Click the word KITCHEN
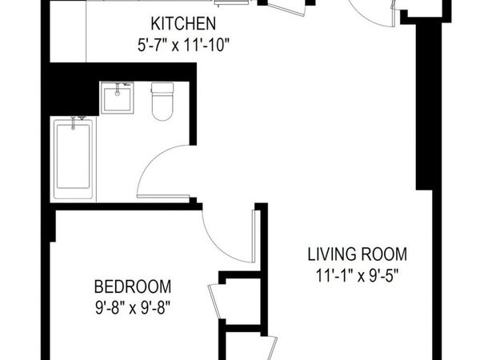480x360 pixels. (x=183, y=23)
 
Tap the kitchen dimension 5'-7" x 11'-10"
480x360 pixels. (x=183, y=46)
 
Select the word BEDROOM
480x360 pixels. (x=133, y=287)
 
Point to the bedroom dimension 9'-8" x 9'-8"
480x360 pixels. (x=133, y=308)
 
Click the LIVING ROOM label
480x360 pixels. (x=358, y=254)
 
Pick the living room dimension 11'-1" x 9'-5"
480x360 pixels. (x=358, y=275)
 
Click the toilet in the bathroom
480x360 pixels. (x=162, y=101)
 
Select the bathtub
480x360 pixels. (x=73, y=159)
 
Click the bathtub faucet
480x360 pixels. (x=73, y=122)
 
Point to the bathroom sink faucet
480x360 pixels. (x=118, y=89)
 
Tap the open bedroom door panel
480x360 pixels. (x=254, y=236)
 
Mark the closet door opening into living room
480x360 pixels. (x=271, y=348)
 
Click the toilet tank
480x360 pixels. (x=162, y=88)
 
